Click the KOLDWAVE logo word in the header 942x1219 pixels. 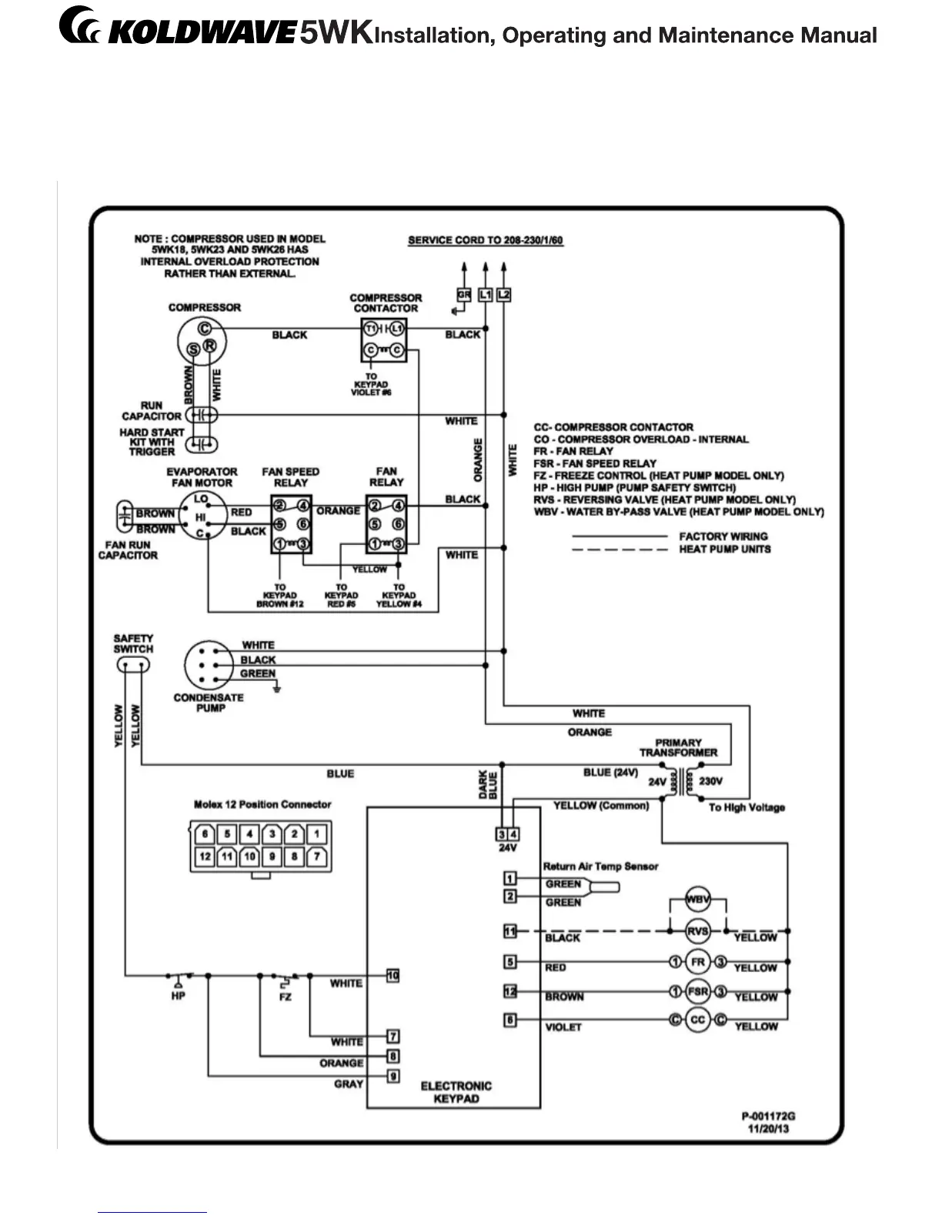coord(202,33)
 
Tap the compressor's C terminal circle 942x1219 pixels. coord(205,329)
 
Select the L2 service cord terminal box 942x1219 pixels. coord(503,295)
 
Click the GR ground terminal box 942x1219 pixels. coord(463,295)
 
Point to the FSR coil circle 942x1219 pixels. coord(697,991)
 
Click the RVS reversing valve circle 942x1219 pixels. coord(697,931)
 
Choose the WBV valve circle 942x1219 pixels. coord(697,899)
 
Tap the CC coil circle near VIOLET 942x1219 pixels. coord(697,1020)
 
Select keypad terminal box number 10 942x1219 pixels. coord(392,976)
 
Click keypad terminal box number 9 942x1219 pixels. coord(392,1076)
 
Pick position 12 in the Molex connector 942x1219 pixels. coord(205,856)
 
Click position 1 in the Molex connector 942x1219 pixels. coord(316,833)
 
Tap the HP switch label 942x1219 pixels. coord(179,996)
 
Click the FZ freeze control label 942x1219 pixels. coord(286,997)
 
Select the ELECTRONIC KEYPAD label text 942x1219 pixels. coord(456,1092)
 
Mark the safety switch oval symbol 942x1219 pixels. coord(133,664)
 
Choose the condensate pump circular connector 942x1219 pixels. coord(208,664)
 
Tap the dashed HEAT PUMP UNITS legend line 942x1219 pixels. coord(620,549)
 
